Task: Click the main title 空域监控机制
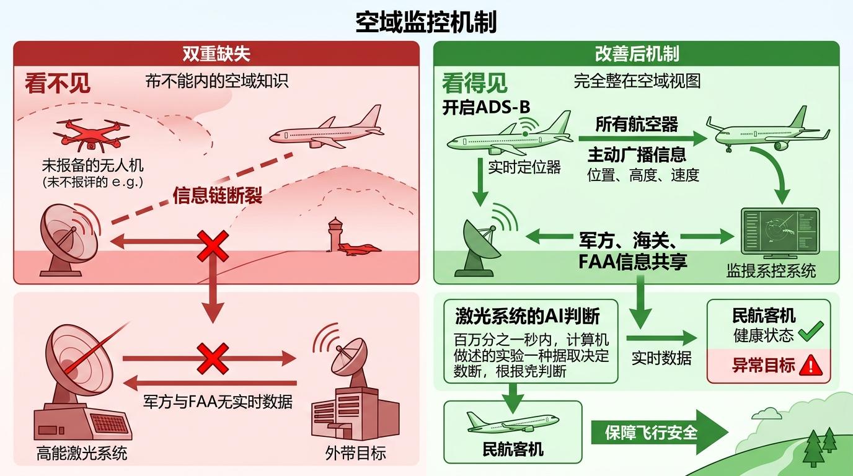[x=426, y=23]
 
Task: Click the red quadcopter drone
[x=91, y=134]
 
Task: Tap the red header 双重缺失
[x=216, y=53]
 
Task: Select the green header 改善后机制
[x=637, y=53]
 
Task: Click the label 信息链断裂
[x=217, y=196]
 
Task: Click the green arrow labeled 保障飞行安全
[x=657, y=432]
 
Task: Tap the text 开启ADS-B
[x=486, y=107]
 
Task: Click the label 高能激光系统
[x=81, y=452]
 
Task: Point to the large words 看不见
[x=58, y=83]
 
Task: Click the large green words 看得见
[x=474, y=83]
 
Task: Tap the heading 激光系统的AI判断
[x=527, y=315]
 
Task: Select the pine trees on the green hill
[x=818, y=445]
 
